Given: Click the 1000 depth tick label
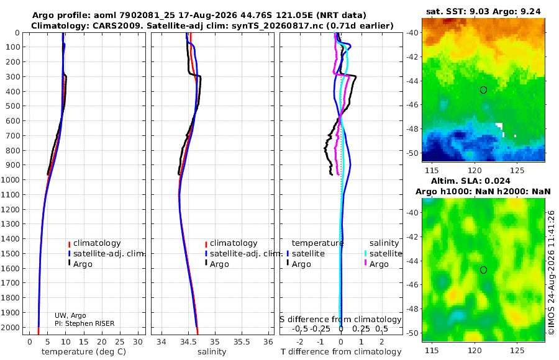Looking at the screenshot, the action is pyautogui.click(x=11, y=179).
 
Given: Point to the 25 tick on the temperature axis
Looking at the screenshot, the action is pyautogui.click(x=120, y=342).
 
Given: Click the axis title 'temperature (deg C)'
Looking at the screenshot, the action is pyautogui.click(x=84, y=352).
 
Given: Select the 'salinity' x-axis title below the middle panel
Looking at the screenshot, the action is pyautogui.click(x=212, y=352).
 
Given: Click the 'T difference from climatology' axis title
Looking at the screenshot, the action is pyautogui.click(x=341, y=352).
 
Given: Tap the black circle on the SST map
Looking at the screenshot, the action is pyautogui.click(x=483, y=90).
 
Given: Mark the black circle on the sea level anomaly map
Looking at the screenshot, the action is pyautogui.click(x=483, y=270).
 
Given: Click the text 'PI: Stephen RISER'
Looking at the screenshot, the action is pyautogui.click(x=84, y=323).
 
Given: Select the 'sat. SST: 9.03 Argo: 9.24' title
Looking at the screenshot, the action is pyautogui.click(x=483, y=12).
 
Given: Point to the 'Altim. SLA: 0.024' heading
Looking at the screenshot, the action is pyautogui.click(x=471, y=181).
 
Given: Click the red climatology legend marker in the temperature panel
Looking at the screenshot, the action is pyautogui.click(x=69, y=244).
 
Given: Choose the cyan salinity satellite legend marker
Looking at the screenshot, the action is pyautogui.click(x=365, y=254).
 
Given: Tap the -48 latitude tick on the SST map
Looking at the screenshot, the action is pyautogui.click(x=413, y=128).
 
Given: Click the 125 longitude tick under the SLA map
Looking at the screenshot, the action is pyautogui.click(x=517, y=351).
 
